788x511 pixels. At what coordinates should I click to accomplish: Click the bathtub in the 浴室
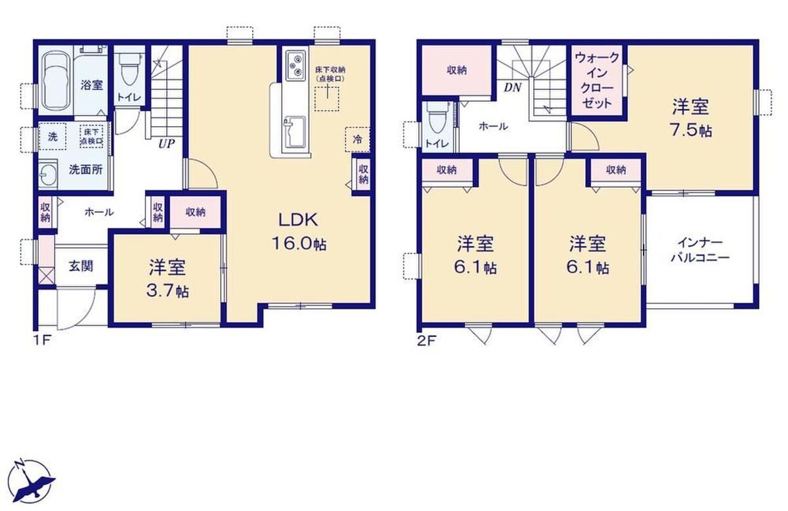(56, 81)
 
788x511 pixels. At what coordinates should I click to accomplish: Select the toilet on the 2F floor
(437, 118)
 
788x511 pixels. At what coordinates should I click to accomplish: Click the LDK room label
(298, 220)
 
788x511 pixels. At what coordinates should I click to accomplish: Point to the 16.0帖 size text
(299, 244)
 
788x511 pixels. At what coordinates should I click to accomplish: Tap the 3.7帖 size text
(167, 292)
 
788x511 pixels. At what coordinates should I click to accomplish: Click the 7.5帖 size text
(691, 131)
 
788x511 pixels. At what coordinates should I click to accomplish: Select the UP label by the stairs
(166, 144)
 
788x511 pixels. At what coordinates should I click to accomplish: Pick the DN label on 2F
(512, 87)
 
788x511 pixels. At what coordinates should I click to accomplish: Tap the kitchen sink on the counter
(294, 136)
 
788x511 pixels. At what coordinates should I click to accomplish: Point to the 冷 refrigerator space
(357, 139)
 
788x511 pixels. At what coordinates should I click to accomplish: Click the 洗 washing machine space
(53, 137)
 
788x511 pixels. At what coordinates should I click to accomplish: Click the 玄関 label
(81, 266)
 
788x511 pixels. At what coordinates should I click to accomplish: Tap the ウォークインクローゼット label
(597, 80)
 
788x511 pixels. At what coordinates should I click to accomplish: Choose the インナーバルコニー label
(700, 250)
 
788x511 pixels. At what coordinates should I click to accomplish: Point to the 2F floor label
(426, 341)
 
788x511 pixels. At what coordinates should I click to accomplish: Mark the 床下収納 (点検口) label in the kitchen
(329, 74)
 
